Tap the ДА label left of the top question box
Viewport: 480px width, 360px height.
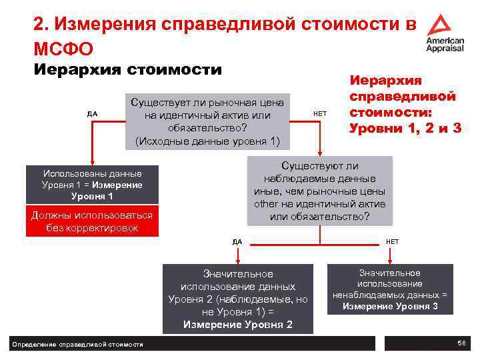point(93,113)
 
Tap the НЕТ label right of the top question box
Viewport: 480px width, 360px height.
point(320,113)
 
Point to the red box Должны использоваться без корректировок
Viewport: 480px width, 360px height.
point(92,222)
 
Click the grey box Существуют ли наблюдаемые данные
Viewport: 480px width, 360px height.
point(320,191)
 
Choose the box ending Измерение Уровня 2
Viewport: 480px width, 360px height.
point(237,299)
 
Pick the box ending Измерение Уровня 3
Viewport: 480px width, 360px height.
point(389,289)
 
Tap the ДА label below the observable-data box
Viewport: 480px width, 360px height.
point(237,241)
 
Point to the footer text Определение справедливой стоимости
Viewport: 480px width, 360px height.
point(78,344)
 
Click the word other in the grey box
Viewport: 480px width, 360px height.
point(265,204)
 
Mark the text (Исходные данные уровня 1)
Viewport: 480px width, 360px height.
point(208,141)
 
